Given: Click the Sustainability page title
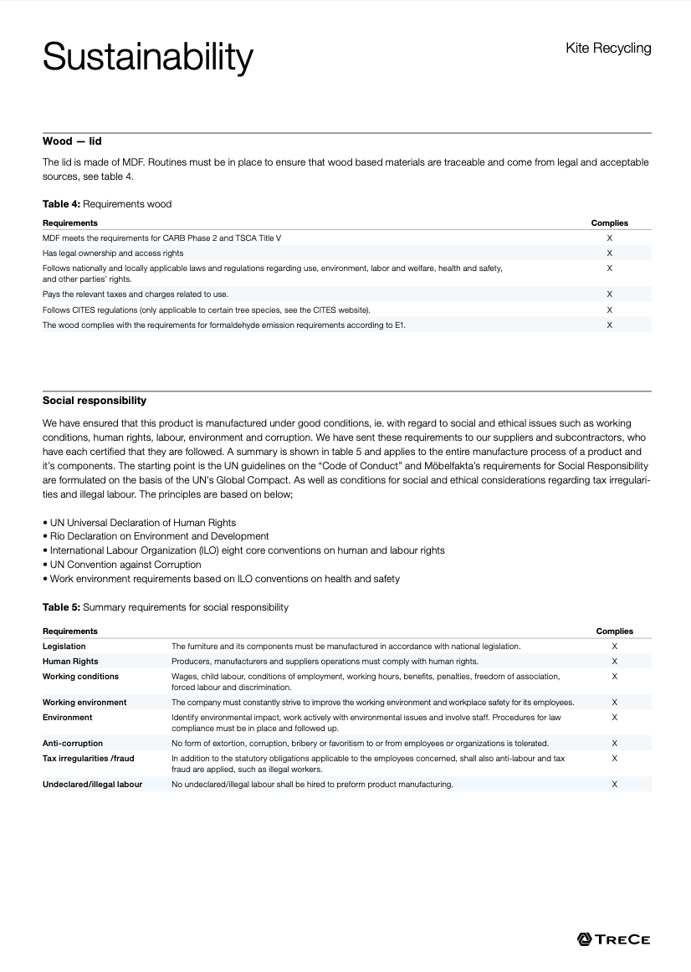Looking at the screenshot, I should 147,58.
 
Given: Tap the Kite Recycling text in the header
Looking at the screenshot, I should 608,49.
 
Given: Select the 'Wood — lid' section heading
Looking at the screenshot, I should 72,141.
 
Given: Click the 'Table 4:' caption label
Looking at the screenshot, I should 62,204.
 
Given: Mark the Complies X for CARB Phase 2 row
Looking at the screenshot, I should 609,238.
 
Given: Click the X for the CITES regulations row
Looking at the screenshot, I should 609,310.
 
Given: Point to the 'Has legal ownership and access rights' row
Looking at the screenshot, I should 113,253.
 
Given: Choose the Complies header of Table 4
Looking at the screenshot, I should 609,223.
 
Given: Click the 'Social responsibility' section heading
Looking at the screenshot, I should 95,401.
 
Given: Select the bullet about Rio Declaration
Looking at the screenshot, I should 159,536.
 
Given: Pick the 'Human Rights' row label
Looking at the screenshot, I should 70,662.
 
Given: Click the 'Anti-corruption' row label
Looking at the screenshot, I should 73,743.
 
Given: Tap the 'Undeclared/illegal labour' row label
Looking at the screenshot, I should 92,785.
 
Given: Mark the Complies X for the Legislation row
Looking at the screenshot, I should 614,647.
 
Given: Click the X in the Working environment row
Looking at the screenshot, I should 614,703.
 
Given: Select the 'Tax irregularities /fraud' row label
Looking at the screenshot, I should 88,758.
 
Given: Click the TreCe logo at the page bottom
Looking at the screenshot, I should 613,939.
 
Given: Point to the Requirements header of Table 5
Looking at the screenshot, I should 70,631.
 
